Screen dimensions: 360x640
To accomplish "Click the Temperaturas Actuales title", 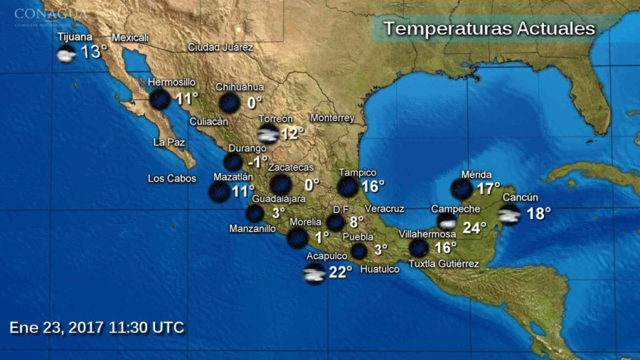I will (x=489, y=29).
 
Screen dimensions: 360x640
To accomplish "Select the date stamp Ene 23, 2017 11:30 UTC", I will (x=97, y=327).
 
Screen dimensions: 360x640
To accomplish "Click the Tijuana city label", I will (x=75, y=37).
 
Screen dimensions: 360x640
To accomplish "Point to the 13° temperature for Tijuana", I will (x=95, y=52).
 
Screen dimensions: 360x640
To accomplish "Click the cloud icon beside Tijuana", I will (x=66, y=54).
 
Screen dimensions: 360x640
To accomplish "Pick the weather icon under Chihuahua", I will (x=229, y=103).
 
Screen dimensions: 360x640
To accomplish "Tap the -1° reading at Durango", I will (x=257, y=162).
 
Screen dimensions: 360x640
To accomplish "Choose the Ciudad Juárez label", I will (x=221, y=48).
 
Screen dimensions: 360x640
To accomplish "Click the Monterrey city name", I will (x=332, y=118).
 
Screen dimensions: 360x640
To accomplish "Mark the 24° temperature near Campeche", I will (x=475, y=228).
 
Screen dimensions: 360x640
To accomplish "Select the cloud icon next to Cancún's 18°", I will (x=509, y=215).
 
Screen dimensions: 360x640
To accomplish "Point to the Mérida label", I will (x=476, y=175).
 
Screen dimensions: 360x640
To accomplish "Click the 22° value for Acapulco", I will (x=340, y=272).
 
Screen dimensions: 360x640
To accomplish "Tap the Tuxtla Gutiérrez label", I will (x=444, y=264).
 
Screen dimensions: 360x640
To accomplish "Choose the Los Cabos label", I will (x=172, y=179).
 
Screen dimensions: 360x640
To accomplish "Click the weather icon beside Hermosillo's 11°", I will (x=160, y=99).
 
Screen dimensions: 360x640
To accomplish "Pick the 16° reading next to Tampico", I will (x=372, y=186).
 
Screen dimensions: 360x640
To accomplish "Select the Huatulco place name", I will (x=379, y=269).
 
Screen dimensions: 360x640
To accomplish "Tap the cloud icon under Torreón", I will (x=268, y=133).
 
